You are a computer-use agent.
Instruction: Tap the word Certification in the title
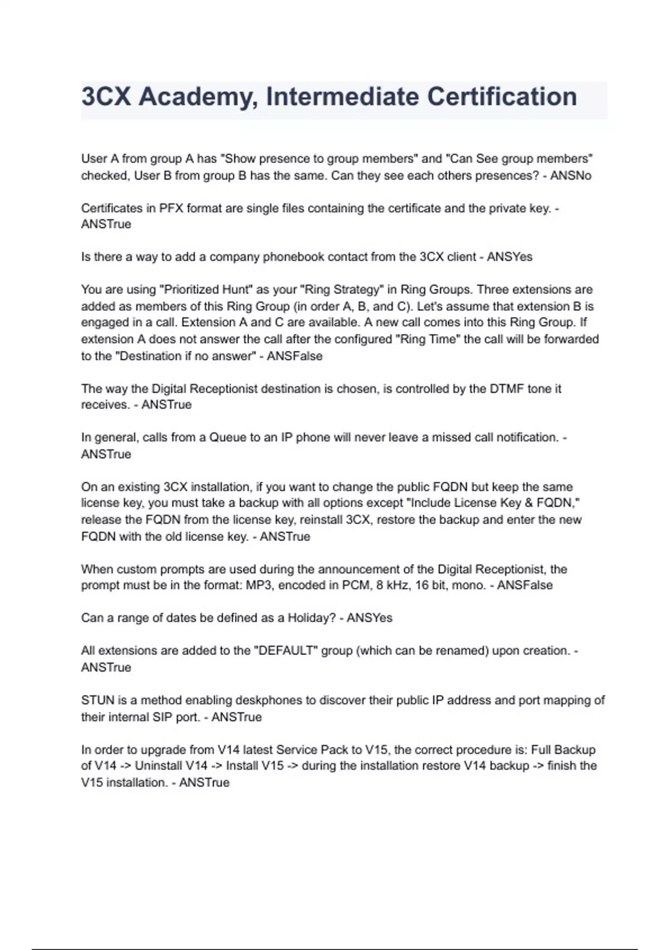point(502,97)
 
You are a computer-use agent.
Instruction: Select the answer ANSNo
point(571,175)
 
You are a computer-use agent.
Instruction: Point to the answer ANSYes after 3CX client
point(509,257)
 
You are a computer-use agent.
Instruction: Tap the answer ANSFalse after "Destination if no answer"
point(294,356)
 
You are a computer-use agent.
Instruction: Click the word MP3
point(259,585)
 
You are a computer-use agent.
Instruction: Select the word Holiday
point(310,618)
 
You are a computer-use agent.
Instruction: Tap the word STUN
point(98,700)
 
